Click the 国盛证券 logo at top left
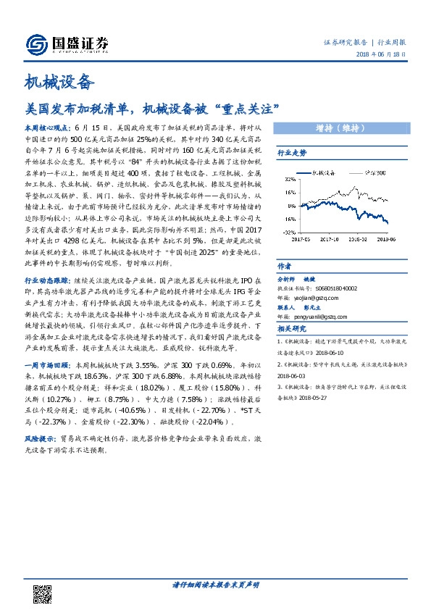point(67,45)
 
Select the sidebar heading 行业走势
point(292,154)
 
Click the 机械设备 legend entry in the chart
point(319,173)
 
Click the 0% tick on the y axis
point(290,206)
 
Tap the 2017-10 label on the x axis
point(330,236)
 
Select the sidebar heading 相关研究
point(292,329)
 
